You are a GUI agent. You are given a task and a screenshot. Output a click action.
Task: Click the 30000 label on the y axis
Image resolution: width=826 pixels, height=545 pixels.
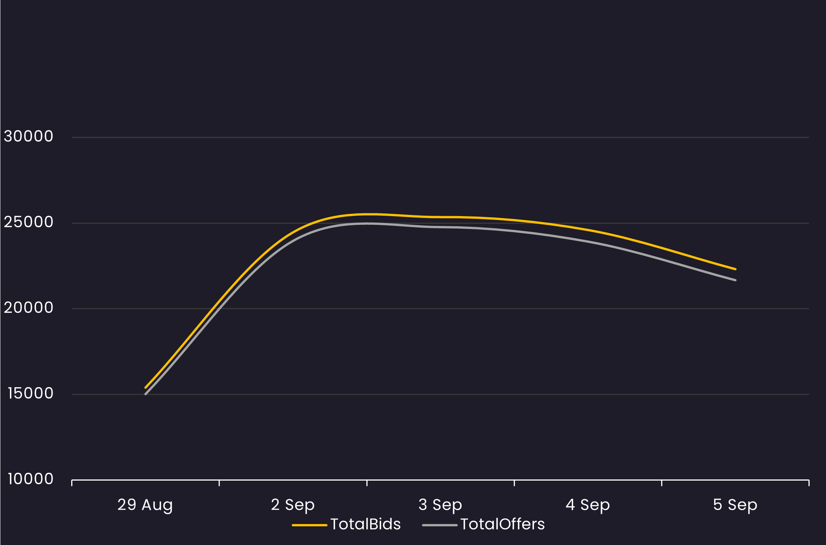tap(29, 136)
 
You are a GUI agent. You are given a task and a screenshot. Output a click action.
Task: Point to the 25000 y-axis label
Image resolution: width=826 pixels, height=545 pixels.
tap(29, 222)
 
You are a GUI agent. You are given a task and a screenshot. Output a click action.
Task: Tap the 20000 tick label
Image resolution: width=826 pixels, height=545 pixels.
tap(29, 308)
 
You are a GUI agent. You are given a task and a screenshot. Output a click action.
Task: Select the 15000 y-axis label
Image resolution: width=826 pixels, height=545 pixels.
tap(30, 393)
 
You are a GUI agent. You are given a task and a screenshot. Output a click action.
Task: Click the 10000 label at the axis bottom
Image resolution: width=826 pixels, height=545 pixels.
tap(30, 479)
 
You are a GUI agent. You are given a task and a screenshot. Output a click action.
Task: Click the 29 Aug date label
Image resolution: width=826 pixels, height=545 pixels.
tap(145, 505)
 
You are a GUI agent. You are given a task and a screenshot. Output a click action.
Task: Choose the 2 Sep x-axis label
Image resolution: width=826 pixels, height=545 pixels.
tap(293, 505)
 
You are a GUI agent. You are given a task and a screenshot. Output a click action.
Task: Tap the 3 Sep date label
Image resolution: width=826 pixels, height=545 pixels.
tap(440, 505)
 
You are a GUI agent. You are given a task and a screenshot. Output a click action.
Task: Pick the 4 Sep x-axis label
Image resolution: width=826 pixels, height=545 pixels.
tap(588, 505)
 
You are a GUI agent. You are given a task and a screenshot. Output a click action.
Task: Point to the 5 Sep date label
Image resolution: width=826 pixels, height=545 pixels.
tap(735, 505)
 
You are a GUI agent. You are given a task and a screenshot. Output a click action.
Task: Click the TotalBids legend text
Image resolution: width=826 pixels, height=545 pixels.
tap(366, 524)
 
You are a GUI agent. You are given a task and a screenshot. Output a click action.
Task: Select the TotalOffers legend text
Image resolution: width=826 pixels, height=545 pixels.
tap(503, 524)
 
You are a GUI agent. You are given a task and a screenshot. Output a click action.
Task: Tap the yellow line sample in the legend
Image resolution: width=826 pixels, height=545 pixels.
tap(310, 525)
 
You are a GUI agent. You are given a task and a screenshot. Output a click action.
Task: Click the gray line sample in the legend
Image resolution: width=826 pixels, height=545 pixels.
tap(440, 525)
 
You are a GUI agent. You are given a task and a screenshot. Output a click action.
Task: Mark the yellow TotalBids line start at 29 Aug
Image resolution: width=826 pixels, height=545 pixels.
tap(146, 387)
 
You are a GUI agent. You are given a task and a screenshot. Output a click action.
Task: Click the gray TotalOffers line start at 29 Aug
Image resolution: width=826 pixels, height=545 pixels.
tap(146, 394)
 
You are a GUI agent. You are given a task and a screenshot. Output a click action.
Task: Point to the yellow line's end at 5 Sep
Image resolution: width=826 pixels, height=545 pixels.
tap(735, 269)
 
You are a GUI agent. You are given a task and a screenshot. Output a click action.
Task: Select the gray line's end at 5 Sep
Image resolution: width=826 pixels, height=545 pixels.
tap(735, 280)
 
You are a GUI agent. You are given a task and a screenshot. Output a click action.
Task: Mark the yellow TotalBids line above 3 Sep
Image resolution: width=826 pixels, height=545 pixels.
tap(440, 217)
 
